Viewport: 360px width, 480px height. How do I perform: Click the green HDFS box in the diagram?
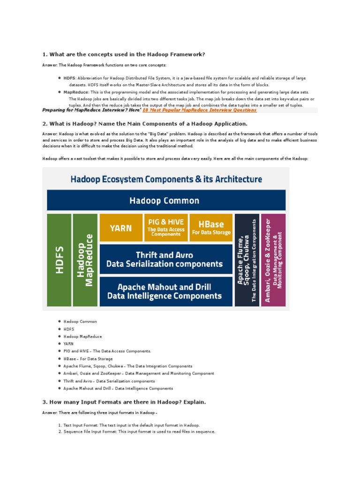pyautogui.click(x=59, y=260)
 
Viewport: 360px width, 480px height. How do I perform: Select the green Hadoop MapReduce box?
pyautogui.click(x=85, y=260)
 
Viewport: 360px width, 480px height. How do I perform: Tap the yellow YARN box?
pyautogui.click(x=121, y=228)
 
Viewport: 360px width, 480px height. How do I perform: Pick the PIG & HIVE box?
pyautogui.click(x=166, y=228)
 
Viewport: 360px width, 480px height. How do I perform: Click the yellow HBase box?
pyautogui.click(x=211, y=228)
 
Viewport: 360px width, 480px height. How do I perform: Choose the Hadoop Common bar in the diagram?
pyautogui.click(x=166, y=201)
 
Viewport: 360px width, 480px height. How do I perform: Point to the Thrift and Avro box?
pyautogui.click(x=166, y=259)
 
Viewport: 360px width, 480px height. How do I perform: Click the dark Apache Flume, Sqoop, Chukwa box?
pyautogui.click(x=247, y=260)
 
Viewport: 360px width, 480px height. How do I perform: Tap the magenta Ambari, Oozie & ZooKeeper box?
pyautogui.click(x=273, y=260)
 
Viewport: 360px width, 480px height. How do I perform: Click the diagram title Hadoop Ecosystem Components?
pyautogui.click(x=166, y=179)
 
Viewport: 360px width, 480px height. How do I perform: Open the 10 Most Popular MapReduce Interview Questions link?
pyautogui.click(x=199, y=110)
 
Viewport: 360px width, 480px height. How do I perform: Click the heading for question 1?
pyautogui.click(x=124, y=54)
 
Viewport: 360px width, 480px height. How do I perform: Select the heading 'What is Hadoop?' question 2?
pyautogui.click(x=145, y=123)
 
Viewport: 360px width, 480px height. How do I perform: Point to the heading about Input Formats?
pyautogui.click(x=124, y=402)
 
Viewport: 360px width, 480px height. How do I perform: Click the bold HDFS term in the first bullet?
pyautogui.click(x=69, y=78)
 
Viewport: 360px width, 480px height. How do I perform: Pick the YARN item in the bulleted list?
pyautogui.click(x=68, y=344)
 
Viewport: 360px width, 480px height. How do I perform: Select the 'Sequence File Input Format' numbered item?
pyautogui.click(x=139, y=431)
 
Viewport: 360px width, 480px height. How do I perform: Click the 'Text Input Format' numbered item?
pyautogui.click(x=131, y=425)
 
